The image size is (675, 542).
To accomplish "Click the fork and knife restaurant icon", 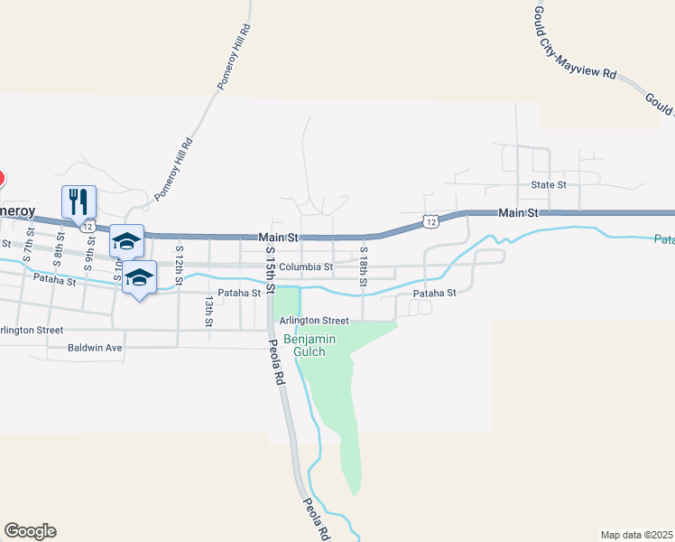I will [79, 201].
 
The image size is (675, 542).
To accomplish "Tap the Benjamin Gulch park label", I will [310, 344].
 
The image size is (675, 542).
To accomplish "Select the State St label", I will [548, 184].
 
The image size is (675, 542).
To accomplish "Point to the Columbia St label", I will [306, 267].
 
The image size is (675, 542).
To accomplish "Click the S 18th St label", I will [363, 267].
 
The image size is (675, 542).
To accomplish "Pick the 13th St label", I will [208, 311].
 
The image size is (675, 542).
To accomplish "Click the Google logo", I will [30, 531].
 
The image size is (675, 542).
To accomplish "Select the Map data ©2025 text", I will [636, 534].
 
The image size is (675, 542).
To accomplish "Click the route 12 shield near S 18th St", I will [430, 221].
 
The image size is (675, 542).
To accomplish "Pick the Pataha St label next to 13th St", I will [239, 293].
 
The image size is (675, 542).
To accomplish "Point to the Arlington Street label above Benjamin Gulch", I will [313, 321].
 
